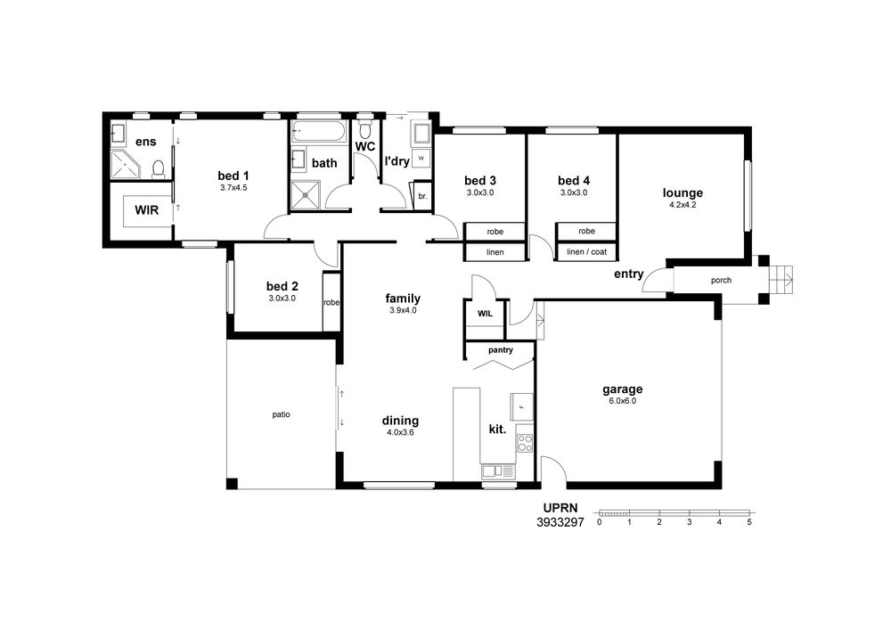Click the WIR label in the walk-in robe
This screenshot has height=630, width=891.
tap(147, 210)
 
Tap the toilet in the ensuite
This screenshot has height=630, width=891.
tap(159, 169)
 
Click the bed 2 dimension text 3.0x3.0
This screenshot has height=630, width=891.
tap(282, 299)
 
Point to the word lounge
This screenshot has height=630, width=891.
tap(683, 193)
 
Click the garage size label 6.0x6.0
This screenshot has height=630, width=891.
tap(622, 401)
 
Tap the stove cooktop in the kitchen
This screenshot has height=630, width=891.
tap(525, 443)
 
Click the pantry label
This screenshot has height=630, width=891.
tap(501, 350)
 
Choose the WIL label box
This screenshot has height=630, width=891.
tap(485, 314)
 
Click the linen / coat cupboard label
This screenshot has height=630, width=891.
tap(586, 251)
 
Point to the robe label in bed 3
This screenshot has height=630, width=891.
tap(495, 232)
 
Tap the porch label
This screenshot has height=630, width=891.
tap(721, 280)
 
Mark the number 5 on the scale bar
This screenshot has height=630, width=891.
tap(749, 522)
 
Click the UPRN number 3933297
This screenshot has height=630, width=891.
tap(560, 523)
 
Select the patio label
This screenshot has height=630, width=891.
tap(281, 414)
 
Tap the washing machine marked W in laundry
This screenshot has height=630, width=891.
tap(421, 159)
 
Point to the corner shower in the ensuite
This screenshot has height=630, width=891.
tap(125, 165)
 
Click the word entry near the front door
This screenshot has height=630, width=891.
tap(628, 274)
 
